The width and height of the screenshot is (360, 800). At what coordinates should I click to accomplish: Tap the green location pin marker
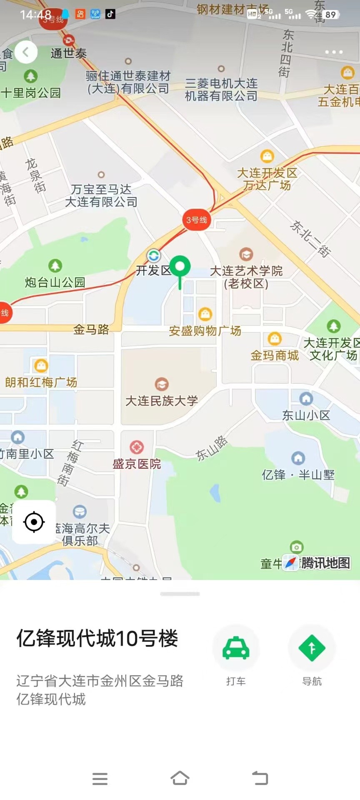pyautogui.click(x=180, y=267)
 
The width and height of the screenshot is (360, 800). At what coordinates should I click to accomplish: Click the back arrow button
pyautogui.click(x=26, y=52)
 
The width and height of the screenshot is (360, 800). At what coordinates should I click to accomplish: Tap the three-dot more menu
pyautogui.click(x=334, y=52)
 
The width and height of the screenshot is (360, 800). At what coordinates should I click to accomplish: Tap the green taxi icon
pyautogui.click(x=236, y=648)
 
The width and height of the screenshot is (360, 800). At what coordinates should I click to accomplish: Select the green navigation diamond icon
pyautogui.click(x=312, y=648)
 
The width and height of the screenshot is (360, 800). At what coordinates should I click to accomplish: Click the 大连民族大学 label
pyautogui.click(x=162, y=401)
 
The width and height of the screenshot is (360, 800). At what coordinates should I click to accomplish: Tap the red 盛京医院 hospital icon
pyautogui.click(x=137, y=447)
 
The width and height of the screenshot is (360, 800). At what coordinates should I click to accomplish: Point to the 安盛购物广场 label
pyautogui.click(x=205, y=331)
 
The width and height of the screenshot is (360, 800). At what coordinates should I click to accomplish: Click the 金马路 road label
pyautogui.click(x=91, y=330)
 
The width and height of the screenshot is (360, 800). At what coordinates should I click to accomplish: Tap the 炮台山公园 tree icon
pyautogui.click(x=55, y=265)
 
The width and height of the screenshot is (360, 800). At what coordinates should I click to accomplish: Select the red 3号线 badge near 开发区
pyautogui.click(x=196, y=220)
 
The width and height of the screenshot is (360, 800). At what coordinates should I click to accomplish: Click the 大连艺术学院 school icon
pyautogui.click(x=246, y=254)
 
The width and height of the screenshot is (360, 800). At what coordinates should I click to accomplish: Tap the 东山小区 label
pyautogui.click(x=306, y=415)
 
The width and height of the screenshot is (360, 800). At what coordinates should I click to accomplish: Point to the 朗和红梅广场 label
pyautogui.click(x=41, y=382)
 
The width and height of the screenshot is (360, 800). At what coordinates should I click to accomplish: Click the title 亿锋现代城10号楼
pyautogui.click(x=97, y=638)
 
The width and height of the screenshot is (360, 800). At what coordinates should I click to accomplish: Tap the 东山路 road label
pyautogui.click(x=212, y=448)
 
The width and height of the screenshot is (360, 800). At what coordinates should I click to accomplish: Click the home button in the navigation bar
pyautogui.click(x=180, y=778)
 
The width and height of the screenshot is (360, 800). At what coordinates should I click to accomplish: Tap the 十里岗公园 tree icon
pyautogui.click(x=30, y=76)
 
